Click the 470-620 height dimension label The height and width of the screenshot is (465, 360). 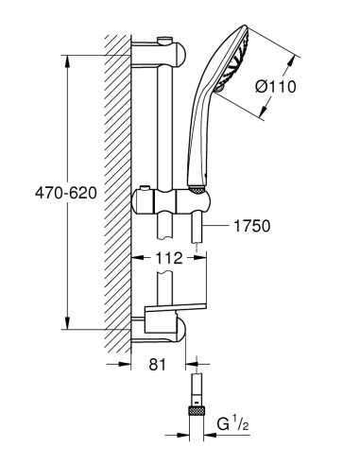point(66,193)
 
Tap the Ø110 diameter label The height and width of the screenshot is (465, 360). point(276,86)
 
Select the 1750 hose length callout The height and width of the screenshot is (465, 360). point(252,226)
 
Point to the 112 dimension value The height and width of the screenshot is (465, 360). point(169,258)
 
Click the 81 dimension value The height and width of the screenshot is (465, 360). point(157,365)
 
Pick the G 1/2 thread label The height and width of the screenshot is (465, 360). point(232,424)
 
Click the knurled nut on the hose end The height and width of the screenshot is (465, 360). point(197,411)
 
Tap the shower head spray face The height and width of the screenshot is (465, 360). point(233,60)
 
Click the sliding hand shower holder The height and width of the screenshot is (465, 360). point(172,202)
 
